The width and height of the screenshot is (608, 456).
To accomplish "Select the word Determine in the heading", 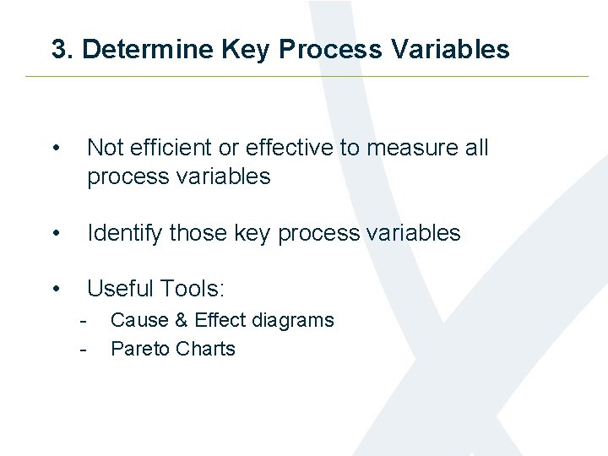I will click(x=149, y=50).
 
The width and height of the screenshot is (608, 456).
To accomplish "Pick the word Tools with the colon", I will click(x=195, y=289).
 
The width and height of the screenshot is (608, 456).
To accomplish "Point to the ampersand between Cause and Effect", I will click(x=179, y=321).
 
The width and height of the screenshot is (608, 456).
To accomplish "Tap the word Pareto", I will click(x=138, y=350).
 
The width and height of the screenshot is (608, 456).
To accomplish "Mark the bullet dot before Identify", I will click(x=55, y=234).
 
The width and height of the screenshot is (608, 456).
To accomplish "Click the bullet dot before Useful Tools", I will click(x=55, y=290).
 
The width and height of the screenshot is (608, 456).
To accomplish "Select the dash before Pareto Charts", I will click(x=83, y=350).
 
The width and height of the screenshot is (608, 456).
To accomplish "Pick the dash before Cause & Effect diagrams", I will click(x=83, y=321).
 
